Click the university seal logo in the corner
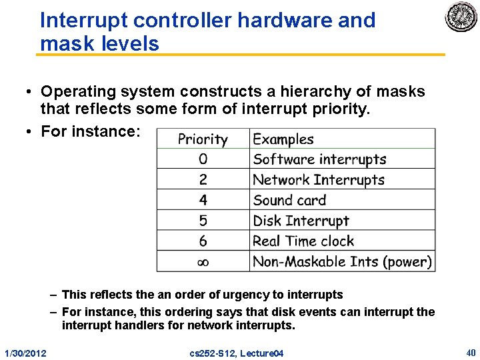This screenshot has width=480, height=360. [461, 17]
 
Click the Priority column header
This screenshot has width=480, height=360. [203, 139]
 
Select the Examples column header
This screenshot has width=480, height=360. [283, 139]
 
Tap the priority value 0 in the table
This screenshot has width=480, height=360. [203, 159]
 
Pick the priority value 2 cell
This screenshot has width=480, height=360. [203, 180]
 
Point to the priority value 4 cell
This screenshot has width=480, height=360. [203, 200]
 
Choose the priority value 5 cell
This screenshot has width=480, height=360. [203, 221]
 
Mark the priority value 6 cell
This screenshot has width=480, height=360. [203, 241]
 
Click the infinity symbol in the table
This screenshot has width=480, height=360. [203, 262]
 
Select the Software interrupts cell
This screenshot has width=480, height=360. [319, 159]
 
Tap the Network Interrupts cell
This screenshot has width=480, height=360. [319, 180]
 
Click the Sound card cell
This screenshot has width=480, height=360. [289, 200]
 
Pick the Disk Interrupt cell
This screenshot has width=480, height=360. [301, 221]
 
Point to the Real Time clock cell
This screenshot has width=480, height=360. [303, 241]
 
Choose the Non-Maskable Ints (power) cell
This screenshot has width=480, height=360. [342, 262]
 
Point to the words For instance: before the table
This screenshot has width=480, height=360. [90, 131]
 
